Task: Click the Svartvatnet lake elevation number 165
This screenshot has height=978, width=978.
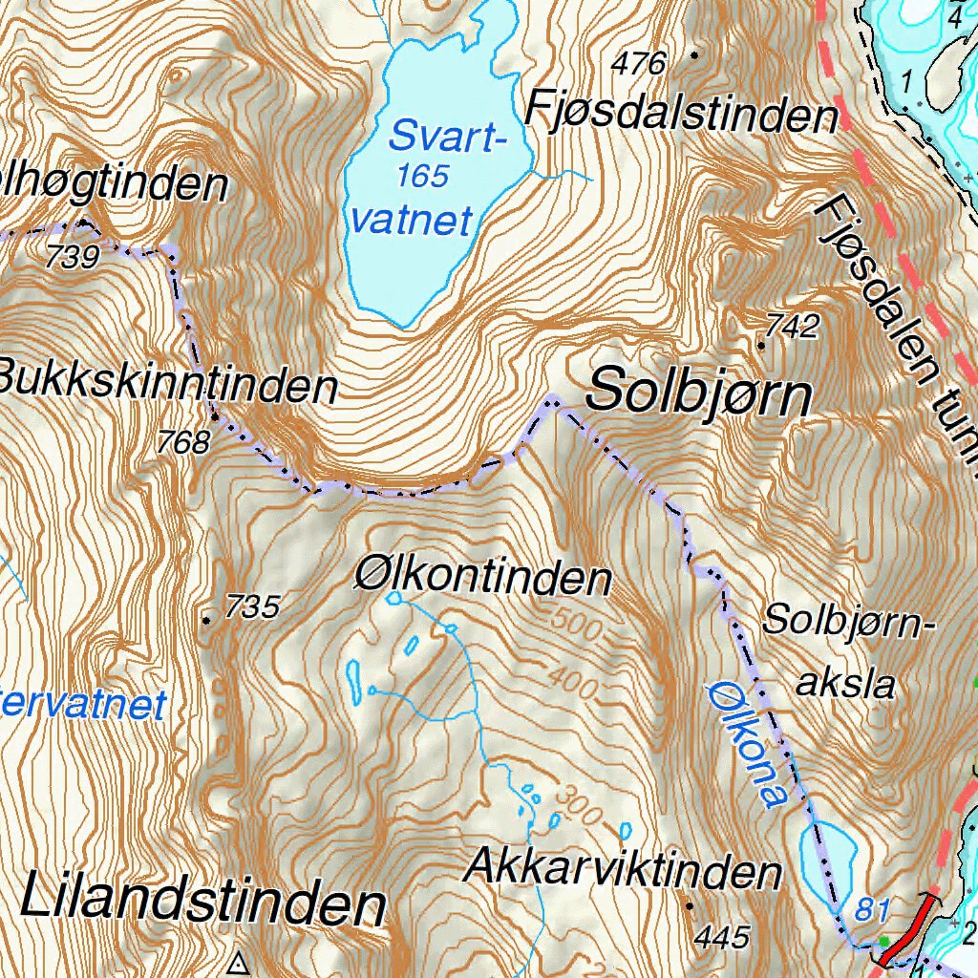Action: tap(423, 177)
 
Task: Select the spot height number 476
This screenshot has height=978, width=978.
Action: tap(639, 64)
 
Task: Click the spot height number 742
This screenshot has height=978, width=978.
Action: tap(793, 327)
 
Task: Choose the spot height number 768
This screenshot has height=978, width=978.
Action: tap(185, 442)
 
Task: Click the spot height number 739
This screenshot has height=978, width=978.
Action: tap(72, 257)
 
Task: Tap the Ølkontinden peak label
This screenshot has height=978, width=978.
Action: tap(482, 577)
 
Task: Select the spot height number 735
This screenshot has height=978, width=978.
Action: tap(253, 606)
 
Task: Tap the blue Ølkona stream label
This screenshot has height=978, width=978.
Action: tap(749, 743)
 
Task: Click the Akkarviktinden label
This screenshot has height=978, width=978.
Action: tap(623, 870)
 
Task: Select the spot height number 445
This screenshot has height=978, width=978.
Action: tap(722, 936)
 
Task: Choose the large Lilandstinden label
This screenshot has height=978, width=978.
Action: tap(202, 902)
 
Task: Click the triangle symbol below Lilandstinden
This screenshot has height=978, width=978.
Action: tap(239, 963)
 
